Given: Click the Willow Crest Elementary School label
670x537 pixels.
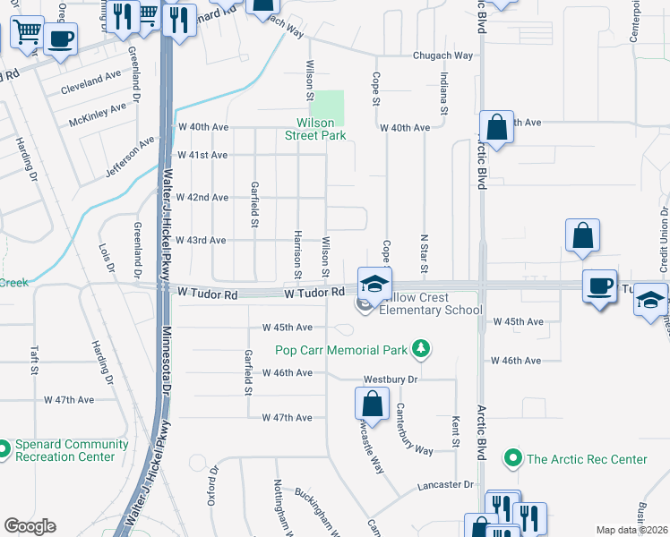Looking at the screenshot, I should coord(431,303).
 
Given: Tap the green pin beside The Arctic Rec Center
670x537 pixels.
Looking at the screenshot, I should coord(513,459).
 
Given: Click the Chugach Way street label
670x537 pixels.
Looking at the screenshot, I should coord(442,55).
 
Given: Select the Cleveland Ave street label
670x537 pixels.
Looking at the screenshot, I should coord(90,90).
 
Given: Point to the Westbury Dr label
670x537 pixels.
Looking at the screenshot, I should coord(390,379).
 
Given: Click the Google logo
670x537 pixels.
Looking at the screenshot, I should coord(30,526).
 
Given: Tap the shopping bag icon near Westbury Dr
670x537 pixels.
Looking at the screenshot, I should coord(372,405).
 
